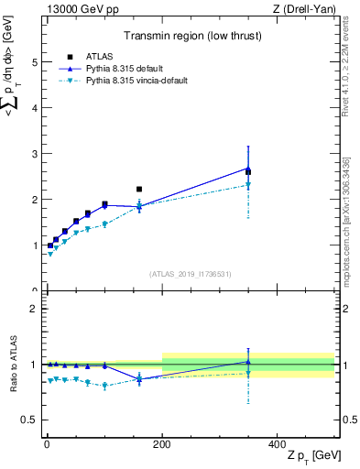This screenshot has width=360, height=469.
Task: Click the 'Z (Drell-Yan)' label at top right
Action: click(x=305, y=9)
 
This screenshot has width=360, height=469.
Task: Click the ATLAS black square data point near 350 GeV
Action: click(x=248, y=171)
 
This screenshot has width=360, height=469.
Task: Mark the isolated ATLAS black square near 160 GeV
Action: click(x=139, y=190)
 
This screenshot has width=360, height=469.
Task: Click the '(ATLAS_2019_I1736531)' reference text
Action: click(x=191, y=274)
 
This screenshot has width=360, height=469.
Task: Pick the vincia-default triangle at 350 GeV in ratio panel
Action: click(x=248, y=373)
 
